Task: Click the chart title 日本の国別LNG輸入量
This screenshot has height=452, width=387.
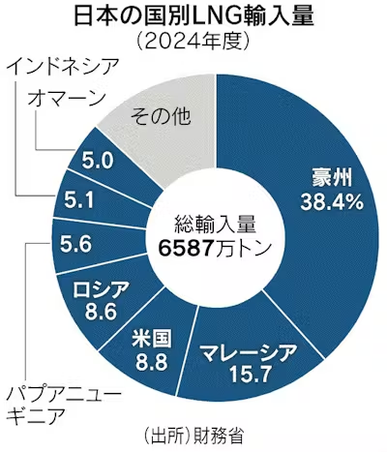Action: click(193, 17)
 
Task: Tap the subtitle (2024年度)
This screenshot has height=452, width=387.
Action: click(193, 44)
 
